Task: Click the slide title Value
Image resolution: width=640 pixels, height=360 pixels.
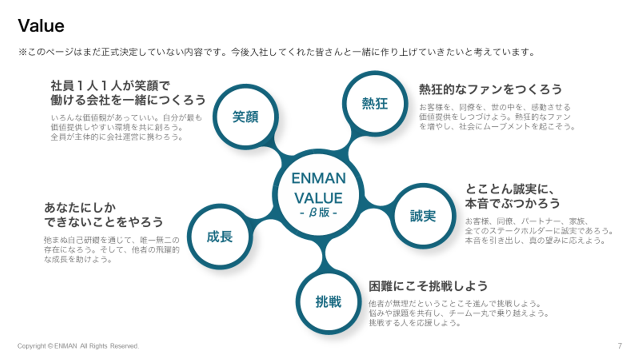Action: pos(41,26)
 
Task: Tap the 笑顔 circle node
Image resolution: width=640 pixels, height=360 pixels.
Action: pos(246,117)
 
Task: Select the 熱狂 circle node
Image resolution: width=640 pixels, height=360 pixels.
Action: pos(375,104)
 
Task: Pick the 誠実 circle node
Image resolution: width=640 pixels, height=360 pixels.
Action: pos(423,216)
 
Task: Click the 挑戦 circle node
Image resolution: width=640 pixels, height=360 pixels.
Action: pos(328,302)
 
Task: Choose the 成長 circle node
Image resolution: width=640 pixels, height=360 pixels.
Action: pos(220,236)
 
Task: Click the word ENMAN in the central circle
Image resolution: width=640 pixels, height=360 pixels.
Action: pos(319,178)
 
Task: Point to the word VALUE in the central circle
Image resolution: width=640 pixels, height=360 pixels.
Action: pos(319,198)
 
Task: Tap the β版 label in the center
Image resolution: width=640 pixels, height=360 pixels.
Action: pos(319,212)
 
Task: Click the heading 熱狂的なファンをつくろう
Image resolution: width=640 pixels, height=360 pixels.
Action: pos(490,89)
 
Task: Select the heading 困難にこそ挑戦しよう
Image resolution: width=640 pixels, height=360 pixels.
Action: pos(428,286)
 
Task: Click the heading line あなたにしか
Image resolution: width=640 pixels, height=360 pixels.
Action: pos(80,208)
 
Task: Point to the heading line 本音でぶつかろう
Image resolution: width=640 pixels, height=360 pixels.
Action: pos(512,204)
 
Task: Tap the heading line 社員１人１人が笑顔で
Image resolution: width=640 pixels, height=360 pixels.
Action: pos(110,86)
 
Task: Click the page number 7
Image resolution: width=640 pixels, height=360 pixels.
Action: pos(620,346)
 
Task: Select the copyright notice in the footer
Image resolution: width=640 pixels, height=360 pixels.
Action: pos(78,346)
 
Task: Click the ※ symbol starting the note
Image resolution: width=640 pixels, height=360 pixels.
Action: pos(22,52)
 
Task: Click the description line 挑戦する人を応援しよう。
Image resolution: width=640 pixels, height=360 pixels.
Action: pos(415,323)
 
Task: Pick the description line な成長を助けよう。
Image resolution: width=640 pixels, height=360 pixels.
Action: pos(78,260)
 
